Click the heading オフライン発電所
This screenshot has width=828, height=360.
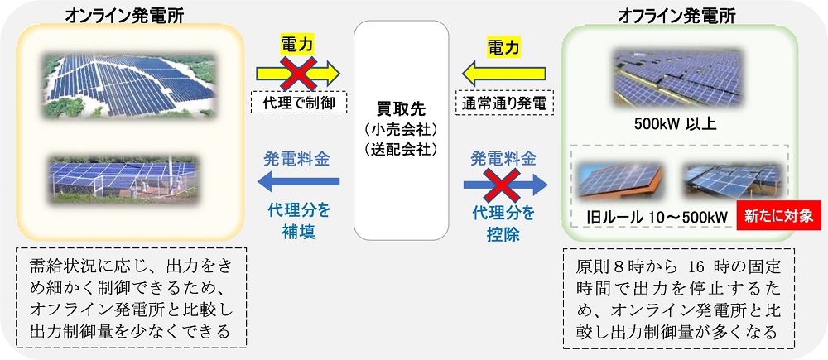click(x=680, y=15)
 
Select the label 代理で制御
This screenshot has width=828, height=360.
click(x=297, y=104)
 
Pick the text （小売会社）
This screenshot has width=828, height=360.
click(x=400, y=130)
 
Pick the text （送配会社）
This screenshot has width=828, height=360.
click(x=400, y=150)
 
